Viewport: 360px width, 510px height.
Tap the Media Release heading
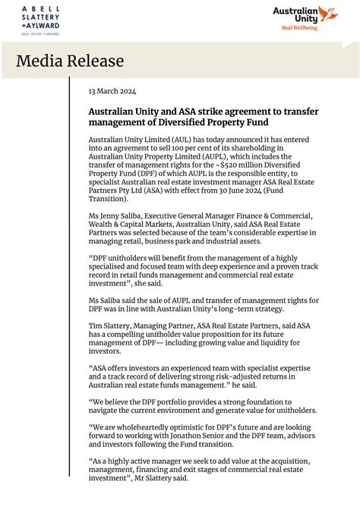click(70, 61)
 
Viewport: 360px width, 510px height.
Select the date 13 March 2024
click(112, 91)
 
